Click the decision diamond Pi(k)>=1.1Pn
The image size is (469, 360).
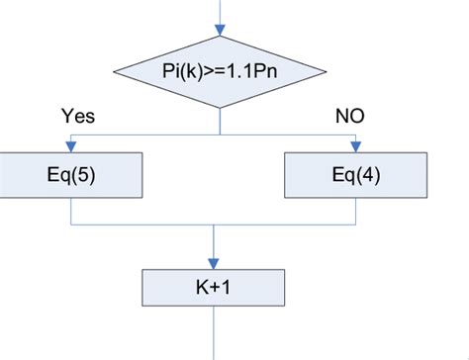pyautogui.click(x=219, y=71)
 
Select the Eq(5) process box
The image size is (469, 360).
pyautogui.click(x=72, y=176)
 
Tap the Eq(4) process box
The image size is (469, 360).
pyautogui.click(x=354, y=176)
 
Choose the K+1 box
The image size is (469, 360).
pyautogui.click(x=215, y=288)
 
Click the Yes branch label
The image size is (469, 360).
pyautogui.click(x=78, y=116)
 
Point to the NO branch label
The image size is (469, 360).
pyautogui.click(x=349, y=116)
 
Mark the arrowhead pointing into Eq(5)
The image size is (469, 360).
pyautogui.click(x=72, y=148)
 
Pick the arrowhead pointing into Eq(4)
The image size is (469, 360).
pyautogui.click(x=354, y=148)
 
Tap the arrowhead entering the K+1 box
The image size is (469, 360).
pyautogui.click(x=215, y=260)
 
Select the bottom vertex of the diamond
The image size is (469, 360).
pyautogui.click(x=219, y=106)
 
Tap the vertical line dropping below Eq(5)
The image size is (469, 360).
pyautogui.click(x=72, y=211)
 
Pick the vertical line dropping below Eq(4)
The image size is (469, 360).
pyautogui.click(x=354, y=211)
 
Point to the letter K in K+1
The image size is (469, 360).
pyautogui.click(x=202, y=288)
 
